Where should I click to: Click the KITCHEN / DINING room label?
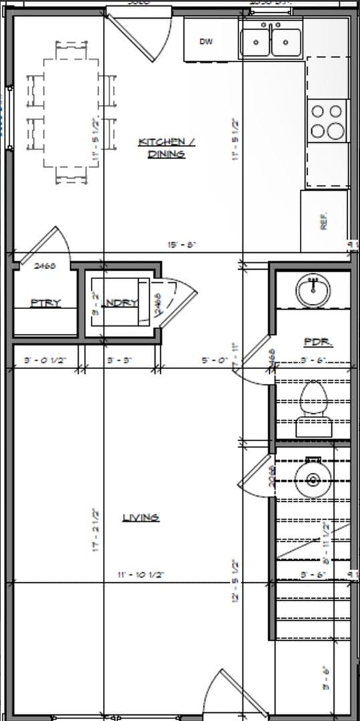point(161,148)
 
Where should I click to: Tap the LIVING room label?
point(140,517)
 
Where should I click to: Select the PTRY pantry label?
point(45,303)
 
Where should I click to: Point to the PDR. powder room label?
point(318,342)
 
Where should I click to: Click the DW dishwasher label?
point(206,41)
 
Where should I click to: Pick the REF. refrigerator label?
point(325,221)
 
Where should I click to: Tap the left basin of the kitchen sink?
point(254,42)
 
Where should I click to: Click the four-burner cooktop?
point(327,121)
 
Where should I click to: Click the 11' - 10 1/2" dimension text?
point(141,574)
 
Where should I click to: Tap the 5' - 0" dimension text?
point(214,360)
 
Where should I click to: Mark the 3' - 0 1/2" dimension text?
point(45,360)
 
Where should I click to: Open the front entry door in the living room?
point(224,694)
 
